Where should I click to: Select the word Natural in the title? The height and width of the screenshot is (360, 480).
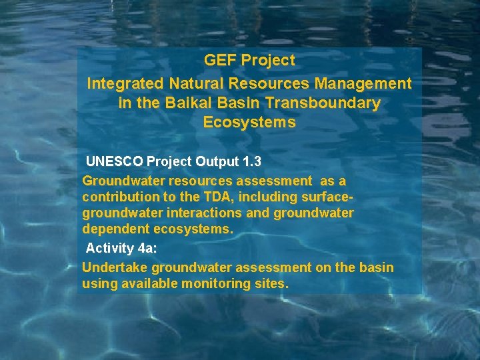pos(196,84)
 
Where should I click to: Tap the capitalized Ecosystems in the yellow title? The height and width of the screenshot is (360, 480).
pos(249,123)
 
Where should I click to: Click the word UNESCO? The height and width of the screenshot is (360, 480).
pos(114,161)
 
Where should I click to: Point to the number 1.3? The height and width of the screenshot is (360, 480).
pos(251,161)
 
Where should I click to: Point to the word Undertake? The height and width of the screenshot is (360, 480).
pos(115,268)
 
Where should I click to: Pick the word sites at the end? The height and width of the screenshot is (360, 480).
pos(271,284)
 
